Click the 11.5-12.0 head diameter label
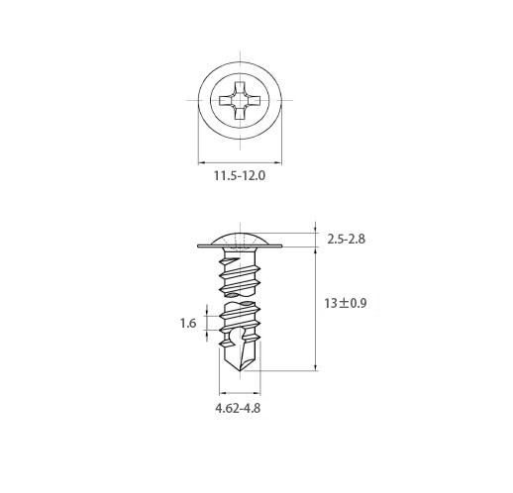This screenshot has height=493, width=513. click(240, 175)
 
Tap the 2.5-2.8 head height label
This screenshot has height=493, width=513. click(347, 239)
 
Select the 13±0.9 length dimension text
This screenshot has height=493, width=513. click(346, 303)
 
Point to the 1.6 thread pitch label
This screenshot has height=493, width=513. click(188, 323)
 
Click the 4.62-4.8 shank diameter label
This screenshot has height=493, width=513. click(238, 408)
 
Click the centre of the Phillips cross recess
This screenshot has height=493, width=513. click(240, 100)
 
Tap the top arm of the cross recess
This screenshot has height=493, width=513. click(240, 87)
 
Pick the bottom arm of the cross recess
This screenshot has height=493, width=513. click(240, 113)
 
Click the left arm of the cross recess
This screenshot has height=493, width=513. click(226, 100)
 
